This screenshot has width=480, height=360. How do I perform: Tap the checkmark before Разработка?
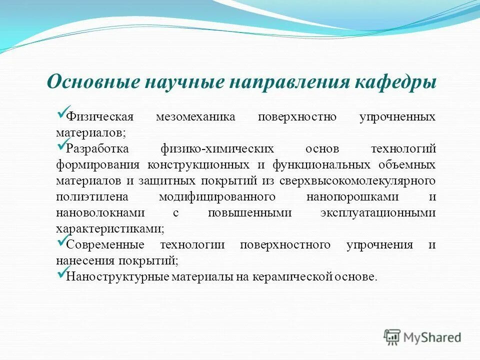[61, 145]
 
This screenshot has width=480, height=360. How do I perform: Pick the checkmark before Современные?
[61, 241]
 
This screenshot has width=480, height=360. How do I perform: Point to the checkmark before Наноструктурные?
[61, 273]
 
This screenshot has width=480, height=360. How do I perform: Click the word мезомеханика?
[195, 117]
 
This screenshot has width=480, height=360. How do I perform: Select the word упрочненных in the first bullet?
[397, 117]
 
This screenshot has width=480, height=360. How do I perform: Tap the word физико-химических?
[217, 149]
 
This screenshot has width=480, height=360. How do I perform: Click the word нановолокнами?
[100, 213]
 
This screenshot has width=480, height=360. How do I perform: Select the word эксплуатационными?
[377, 213]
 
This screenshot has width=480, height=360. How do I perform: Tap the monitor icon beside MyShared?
[392, 337]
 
